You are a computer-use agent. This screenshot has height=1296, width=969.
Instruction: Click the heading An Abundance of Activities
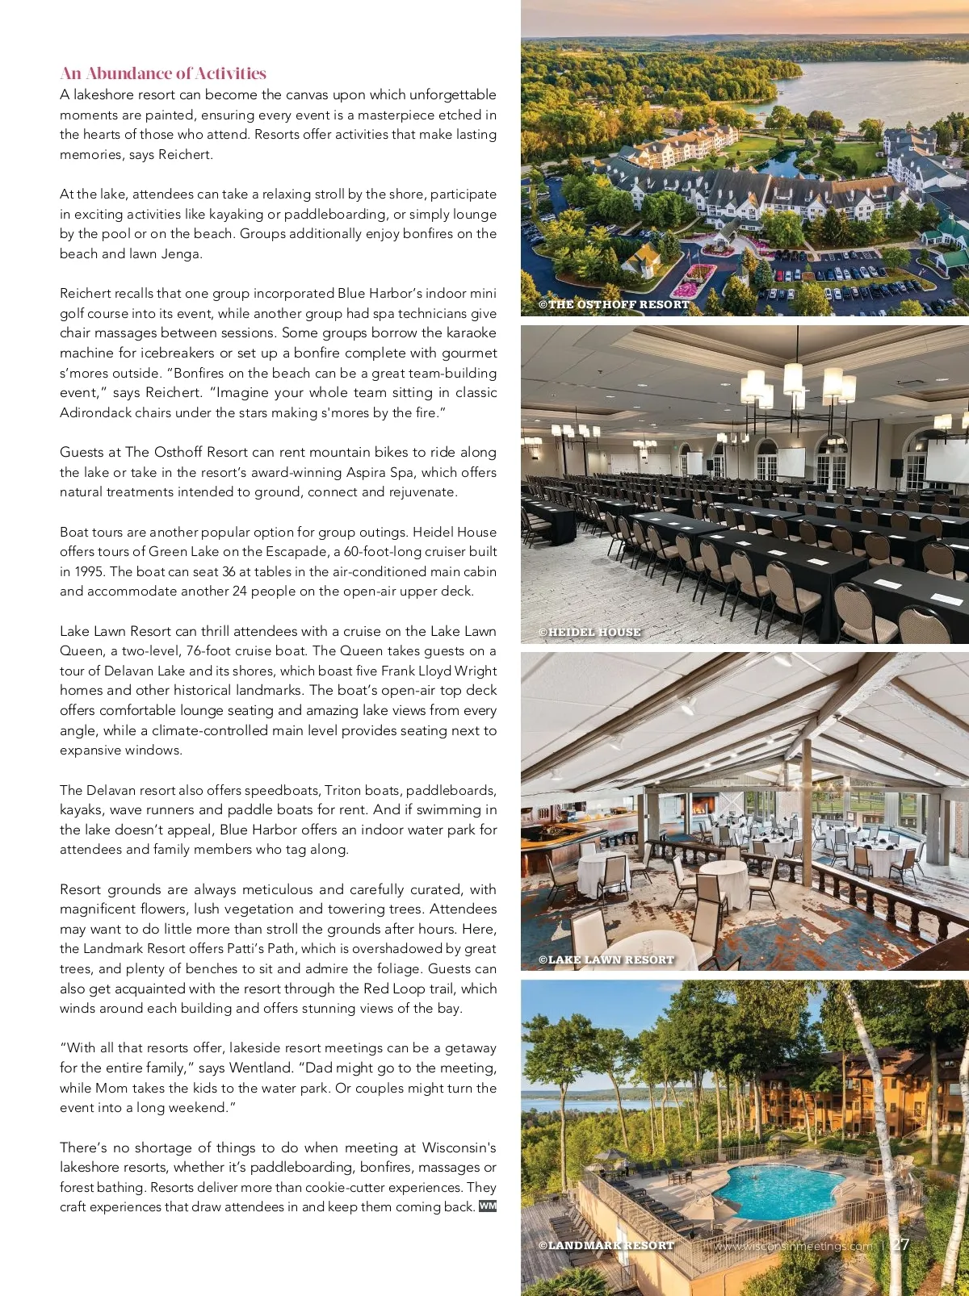click(163, 73)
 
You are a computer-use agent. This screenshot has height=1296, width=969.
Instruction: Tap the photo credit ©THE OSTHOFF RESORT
click(614, 305)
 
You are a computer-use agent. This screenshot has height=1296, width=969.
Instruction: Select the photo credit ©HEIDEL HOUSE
click(589, 633)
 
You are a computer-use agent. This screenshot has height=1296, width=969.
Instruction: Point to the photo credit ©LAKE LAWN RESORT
click(606, 960)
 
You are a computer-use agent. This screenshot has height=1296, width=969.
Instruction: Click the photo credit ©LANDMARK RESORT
click(606, 1245)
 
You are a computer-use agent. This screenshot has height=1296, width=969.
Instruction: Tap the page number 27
click(900, 1245)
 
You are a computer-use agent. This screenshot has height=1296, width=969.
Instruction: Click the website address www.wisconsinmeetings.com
click(793, 1246)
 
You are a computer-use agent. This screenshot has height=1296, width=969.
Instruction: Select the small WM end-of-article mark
click(487, 1206)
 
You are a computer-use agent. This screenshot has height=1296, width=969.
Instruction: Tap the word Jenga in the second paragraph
click(182, 254)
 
